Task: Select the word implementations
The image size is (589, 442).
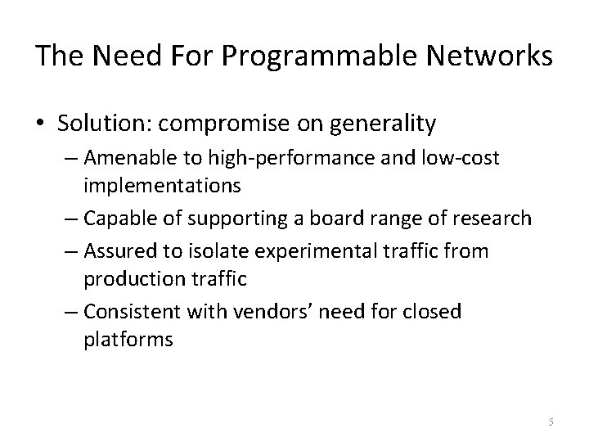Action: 162,187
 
